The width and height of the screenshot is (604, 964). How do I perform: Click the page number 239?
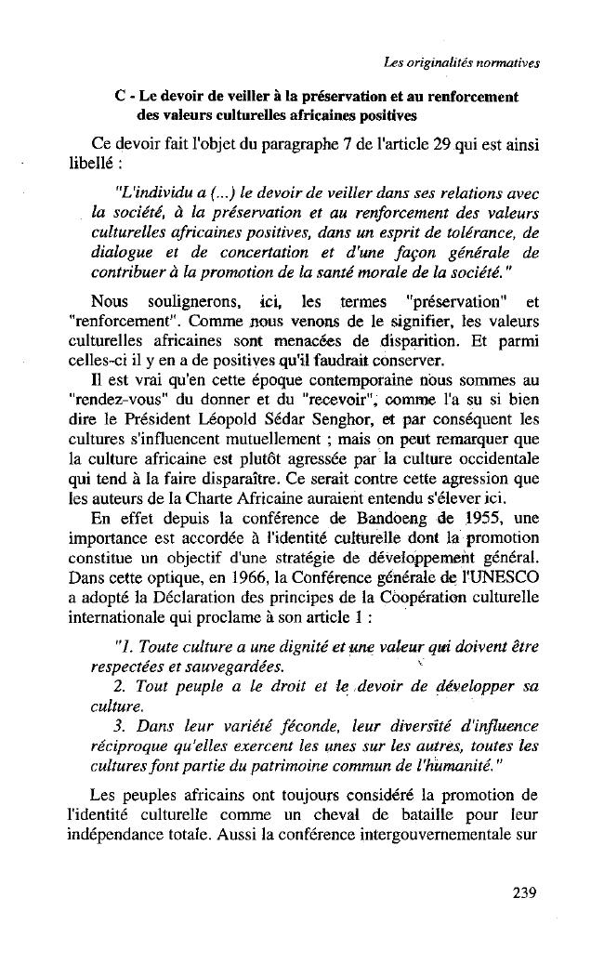coord(524,894)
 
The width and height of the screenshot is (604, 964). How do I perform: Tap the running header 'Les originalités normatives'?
coord(462,63)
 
